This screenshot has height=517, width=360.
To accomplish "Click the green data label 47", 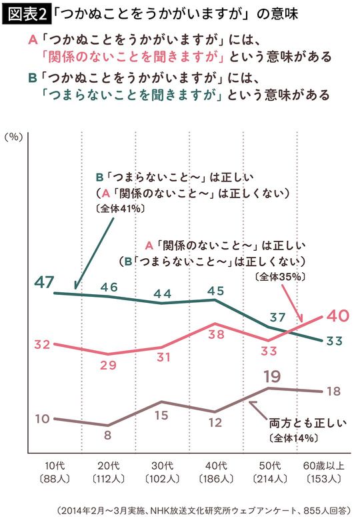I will tap(45, 282).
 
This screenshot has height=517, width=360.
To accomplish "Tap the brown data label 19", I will tap(272, 375).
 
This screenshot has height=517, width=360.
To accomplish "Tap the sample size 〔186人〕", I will tap(214, 479).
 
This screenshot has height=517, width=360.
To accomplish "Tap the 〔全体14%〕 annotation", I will tap(293, 438).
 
